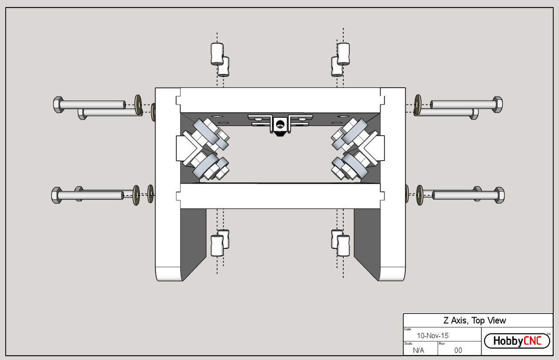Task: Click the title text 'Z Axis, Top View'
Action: tap(475, 320)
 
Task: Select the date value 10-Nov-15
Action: tap(432, 336)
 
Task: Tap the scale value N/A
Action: tap(419, 350)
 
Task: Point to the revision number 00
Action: tap(458, 350)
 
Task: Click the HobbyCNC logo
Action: tap(517, 341)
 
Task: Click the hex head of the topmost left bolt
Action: tap(58, 105)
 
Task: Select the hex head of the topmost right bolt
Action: tap(497, 104)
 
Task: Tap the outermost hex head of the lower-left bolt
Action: tap(56, 195)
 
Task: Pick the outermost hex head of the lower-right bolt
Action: tap(499, 195)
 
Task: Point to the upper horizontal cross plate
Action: tap(279, 99)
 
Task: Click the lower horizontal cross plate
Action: tap(279, 196)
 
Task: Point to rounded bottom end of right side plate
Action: tap(393, 273)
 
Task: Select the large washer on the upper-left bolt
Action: tap(138, 105)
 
